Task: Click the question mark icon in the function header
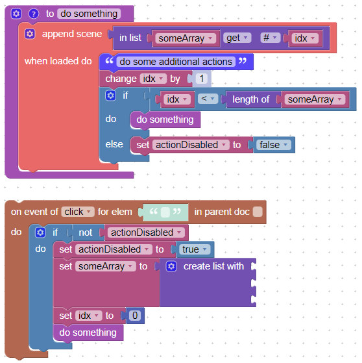click(34, 14)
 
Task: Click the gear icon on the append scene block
click(30, 34)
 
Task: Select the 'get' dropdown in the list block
click(237, 38)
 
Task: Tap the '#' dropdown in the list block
click(270, 38)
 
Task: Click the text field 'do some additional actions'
click(176, 62)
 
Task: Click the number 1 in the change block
click(202, 79)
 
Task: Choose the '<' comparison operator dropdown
click(208, 99)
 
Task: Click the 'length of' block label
click(250, 99)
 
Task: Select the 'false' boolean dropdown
click(274, 145)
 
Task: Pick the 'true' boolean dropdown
click(195, 249)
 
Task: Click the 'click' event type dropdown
click(78, 212)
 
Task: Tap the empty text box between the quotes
click(165, 212)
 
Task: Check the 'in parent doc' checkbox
click(258, 212)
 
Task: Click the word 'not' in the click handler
click(86, 232)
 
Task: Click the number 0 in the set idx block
click(135, 316)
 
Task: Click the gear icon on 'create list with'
click(171, 266)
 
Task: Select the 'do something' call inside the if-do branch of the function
click(165, 119)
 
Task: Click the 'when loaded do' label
click(58, 61)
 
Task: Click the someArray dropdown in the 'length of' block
click(315, 99)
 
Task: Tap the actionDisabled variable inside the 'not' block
click(146, 232)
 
